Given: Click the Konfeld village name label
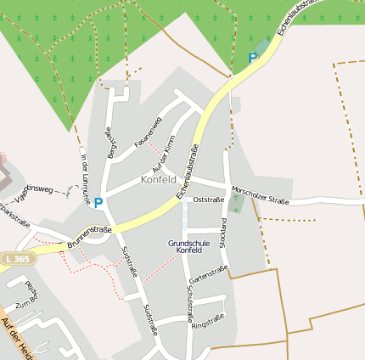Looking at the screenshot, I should coord(159,180).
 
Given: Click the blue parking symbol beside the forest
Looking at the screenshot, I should coord(252,57).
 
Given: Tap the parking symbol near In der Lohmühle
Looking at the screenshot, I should coord(98,203).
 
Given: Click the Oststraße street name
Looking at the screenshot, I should coord(209,200).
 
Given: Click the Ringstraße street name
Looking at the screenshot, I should coord(208,321).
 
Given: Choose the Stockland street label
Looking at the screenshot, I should coord(224,233).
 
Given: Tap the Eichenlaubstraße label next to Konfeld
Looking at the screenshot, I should coord(188,172).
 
